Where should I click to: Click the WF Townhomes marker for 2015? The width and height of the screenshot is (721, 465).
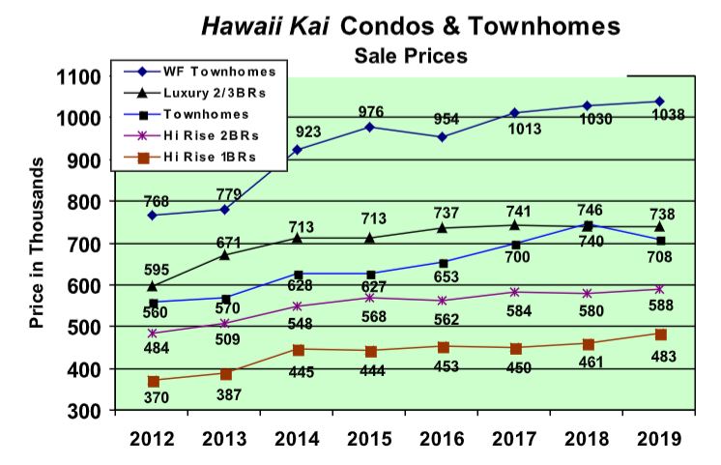371,127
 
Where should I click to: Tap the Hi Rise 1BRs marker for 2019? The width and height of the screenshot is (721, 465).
661,334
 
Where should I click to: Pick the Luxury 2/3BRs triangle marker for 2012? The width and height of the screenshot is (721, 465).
153,286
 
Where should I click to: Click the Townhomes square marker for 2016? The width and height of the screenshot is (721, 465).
444,263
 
